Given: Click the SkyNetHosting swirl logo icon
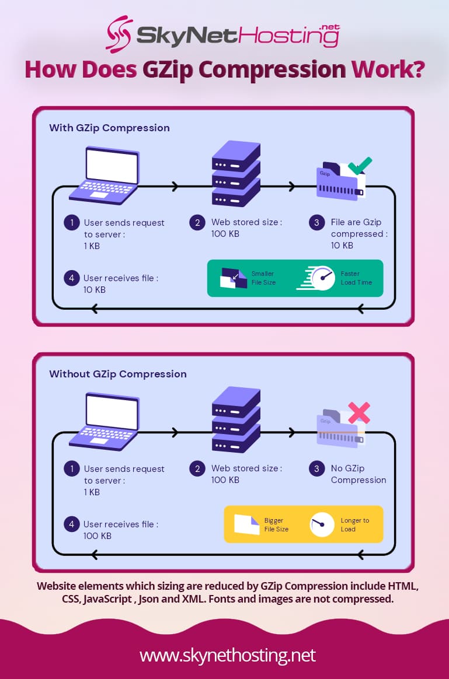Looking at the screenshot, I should click(x=119, y=34).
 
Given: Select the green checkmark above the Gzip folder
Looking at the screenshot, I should click(x=360, y=166).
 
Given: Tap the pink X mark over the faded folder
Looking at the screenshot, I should click(x=358, y=412).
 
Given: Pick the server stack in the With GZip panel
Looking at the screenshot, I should click(x=235, y=174).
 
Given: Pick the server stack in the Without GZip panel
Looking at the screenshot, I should click(x=235, y=420).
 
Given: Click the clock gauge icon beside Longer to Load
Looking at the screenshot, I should click(x=318, y=524).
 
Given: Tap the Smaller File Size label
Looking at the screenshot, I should click(x=263, y=278).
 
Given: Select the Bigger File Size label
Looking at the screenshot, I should click(x=276, y=524).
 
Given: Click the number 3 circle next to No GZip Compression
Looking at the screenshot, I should click(x=316, y=468).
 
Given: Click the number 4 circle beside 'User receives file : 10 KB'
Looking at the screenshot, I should click(x=71, y=278).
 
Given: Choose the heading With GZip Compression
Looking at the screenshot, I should click(x=109, y=128).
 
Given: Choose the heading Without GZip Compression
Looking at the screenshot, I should click(x=118, y=374).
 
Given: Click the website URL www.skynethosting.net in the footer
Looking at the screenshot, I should click(x=227, y=654).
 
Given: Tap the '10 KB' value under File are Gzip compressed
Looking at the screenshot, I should click(x=342, y=246).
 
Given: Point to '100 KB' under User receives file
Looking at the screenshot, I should click(x=98, y=536).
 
